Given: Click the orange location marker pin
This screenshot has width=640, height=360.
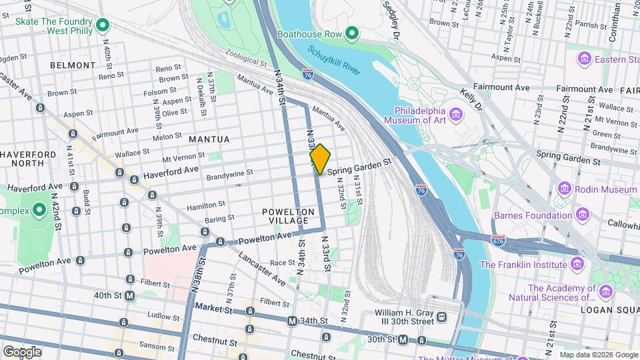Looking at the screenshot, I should pyautogui.click(x=320, y=159).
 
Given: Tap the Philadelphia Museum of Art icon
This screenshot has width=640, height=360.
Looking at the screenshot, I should pyautogui.click(x=457, y=115).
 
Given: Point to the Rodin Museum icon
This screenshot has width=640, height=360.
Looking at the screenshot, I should pyautogui.click(x=564, y=189).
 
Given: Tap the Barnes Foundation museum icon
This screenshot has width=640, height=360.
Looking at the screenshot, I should pyautogui.click(x=583, y=215).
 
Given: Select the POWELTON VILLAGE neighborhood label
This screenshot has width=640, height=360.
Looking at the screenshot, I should pyautogui.click(x=288, y=216).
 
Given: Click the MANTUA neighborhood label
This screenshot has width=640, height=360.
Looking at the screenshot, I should pyautogui.click(x=209, y=139).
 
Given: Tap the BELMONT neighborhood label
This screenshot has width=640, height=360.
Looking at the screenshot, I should pyautogui.click(x=73, y=65).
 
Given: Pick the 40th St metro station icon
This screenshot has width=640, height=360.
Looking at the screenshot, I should pyautogui.click(x=129, y=295).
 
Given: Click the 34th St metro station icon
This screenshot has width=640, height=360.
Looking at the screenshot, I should pyautogui.click(x=291, y=321).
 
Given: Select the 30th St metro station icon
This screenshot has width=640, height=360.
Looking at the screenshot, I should pyautogui.click(x=403, y=339).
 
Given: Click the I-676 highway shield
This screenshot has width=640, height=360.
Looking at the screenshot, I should pyautogui.click(x=497, y=240).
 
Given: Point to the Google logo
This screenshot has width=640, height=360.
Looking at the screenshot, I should pyautogui.click(x=22, y=351).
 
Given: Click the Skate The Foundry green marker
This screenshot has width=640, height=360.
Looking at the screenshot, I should pyautogui.click(x=102, y=25).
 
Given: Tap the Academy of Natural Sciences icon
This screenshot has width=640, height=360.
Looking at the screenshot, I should pyautogui.click(x=605, y=291).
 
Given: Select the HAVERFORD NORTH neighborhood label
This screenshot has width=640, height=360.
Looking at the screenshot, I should pyautogui.click(x=28, y=159).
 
